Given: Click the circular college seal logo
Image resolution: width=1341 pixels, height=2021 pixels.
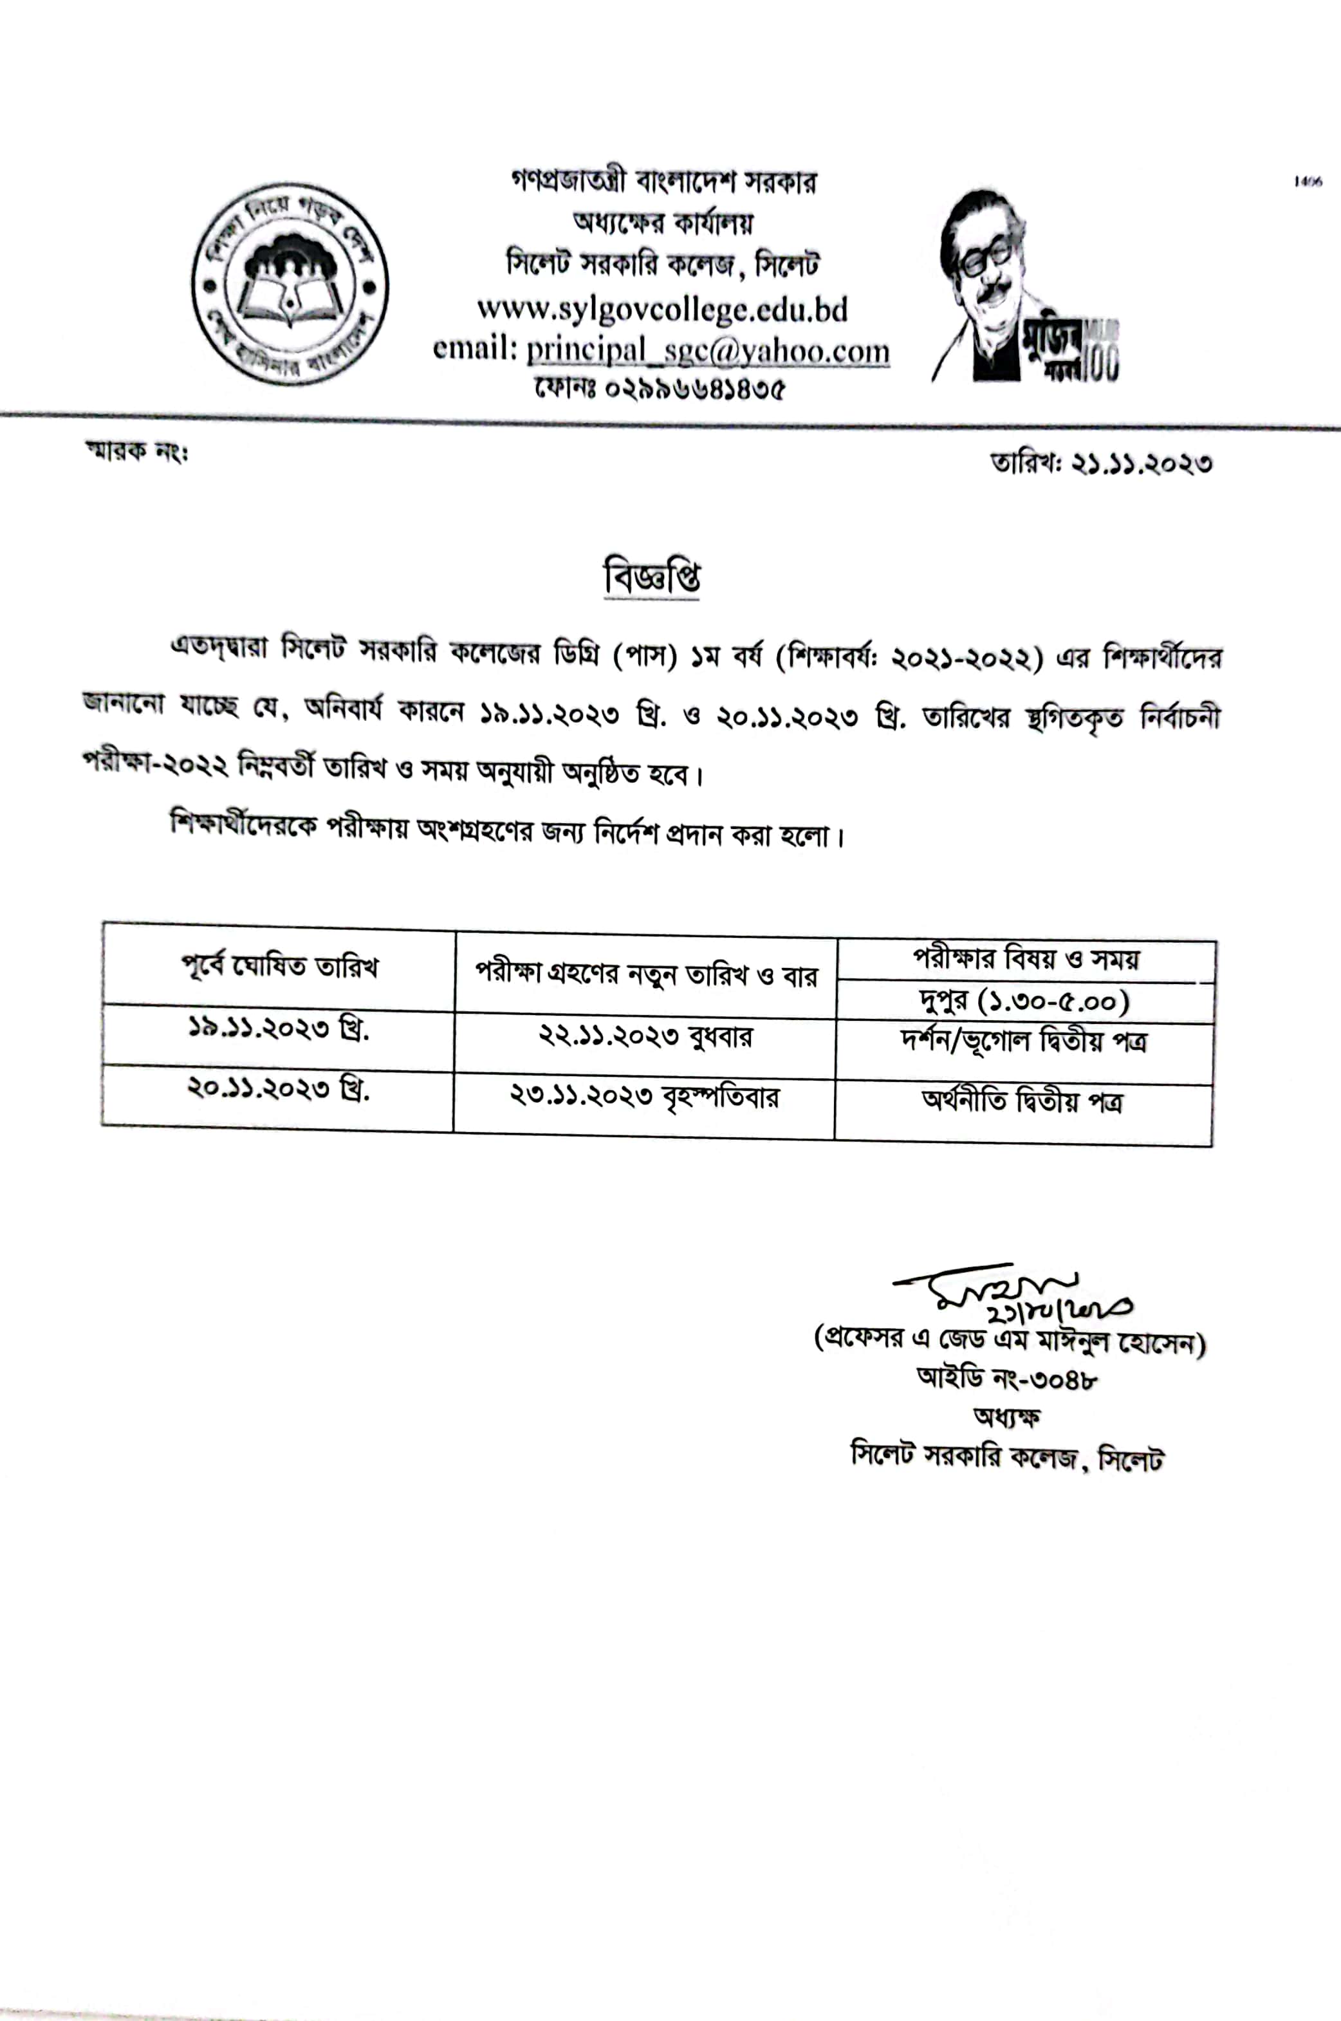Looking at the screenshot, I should tap(290, 283).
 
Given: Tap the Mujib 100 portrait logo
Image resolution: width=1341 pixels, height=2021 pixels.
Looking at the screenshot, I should tap(1024, 286).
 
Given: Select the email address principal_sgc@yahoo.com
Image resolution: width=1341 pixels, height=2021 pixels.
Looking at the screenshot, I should tap(707, 351).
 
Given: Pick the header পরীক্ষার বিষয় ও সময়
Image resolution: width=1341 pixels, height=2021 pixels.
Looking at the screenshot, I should tap(1026, 960).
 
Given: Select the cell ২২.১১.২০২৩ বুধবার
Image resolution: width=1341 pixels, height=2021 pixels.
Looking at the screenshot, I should tap(645, 1038).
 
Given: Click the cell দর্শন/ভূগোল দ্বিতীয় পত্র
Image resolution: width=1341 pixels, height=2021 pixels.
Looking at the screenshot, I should tap(1024, 1042).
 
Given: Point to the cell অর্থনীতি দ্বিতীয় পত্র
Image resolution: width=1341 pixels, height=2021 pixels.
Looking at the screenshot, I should tap(1023, 1102).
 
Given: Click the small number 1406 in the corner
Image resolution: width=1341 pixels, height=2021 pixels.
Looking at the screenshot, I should tap(1308, 182).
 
